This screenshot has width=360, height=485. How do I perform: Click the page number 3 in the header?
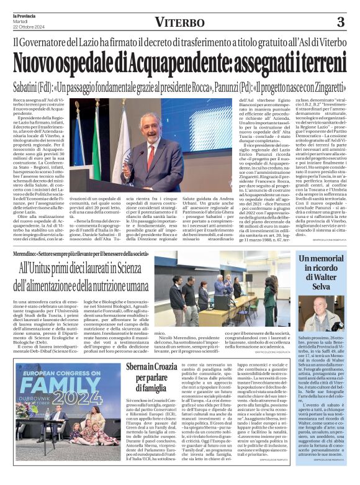coord(340,23)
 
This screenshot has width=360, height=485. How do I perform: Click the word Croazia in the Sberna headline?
coord(176,367)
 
